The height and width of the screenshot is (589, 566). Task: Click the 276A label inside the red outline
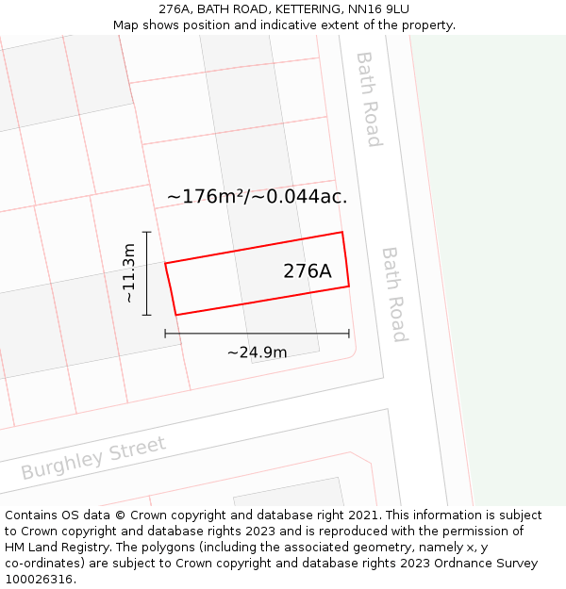click(308, 271)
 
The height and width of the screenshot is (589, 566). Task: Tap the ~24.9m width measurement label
click(257, 352)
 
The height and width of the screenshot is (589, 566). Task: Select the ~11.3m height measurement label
click(129, 273)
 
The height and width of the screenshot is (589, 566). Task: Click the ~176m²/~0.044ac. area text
click(258, 197)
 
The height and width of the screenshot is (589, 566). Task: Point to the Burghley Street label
click(93, 458)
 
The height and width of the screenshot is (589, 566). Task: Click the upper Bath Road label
click(368, 99)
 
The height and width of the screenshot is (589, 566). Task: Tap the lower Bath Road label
click(394, 294)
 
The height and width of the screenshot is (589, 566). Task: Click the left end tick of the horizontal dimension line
click(165, 333)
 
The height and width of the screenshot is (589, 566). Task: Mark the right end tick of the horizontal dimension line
click(349, 333)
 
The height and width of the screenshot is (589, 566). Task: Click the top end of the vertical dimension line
click(147, 231)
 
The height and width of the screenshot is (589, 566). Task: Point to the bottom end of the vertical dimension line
click(147, 315)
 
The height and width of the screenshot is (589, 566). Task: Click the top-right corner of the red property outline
click(341, 232)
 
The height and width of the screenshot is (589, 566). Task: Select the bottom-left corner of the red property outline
click(176, 315)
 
